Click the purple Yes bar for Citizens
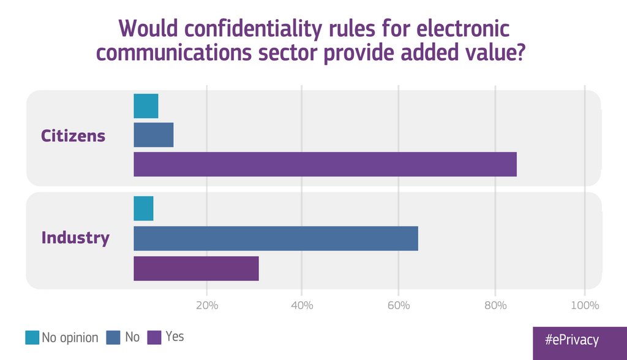(x=325, y=164)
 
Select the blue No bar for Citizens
(x=154, y=135)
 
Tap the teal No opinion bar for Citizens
(x=146, y=106)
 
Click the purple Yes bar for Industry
(x=196, y=268)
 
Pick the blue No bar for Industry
(x=276, y=238)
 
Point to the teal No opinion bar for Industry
(x=143, y=209)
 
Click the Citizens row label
(x=73, y=135)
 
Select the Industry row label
(x=75, y=238)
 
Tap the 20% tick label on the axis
(x=207, y=306)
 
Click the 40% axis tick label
(x=302, y=306)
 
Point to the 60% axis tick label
(x=398, y=306)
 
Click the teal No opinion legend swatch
(x=32, y=337)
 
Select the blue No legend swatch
(x=113, y=337)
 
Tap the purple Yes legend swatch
(x=154, y=337)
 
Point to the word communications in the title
(x=178, y=53)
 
